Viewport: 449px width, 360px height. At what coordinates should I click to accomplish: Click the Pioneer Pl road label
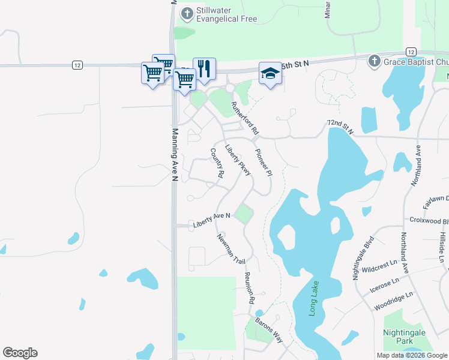(264, 162)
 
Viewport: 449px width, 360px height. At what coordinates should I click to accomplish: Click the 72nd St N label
(340, 126)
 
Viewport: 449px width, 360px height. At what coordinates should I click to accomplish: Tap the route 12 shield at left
(77, 65)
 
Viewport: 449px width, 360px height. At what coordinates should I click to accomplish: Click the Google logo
(20, 353)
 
